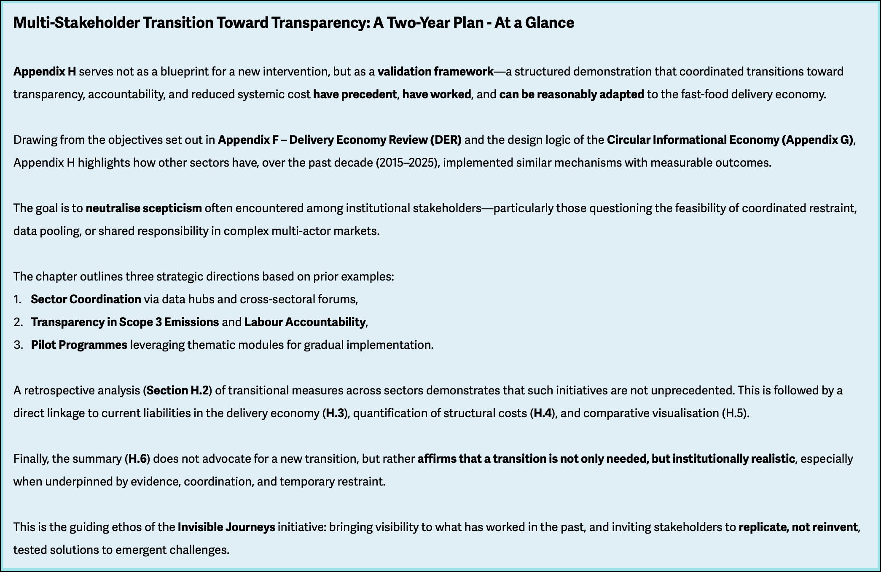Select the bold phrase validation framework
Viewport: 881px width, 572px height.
coord(435,72)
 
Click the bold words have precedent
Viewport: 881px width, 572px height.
coord(355,94)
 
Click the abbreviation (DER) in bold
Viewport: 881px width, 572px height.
coord(446,140)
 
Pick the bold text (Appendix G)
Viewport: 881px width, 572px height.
coord(817,140)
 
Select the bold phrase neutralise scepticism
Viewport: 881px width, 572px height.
coord(144,208)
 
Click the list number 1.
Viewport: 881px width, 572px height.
coord(17,299)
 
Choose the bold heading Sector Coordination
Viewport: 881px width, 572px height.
coord(86,299)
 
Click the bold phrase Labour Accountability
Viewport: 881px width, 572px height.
coord(305,322)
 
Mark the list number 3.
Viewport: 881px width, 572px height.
coord(18,345)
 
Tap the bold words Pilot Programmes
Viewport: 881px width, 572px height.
coord(79,345)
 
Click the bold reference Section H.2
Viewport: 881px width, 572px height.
coord(177,391)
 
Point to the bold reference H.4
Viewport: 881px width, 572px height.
coord(543,413)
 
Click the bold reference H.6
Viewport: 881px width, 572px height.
coord(138,459)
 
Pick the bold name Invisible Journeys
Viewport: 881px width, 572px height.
coord(226,527)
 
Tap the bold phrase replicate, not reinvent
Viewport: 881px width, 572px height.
coord(798,527)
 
